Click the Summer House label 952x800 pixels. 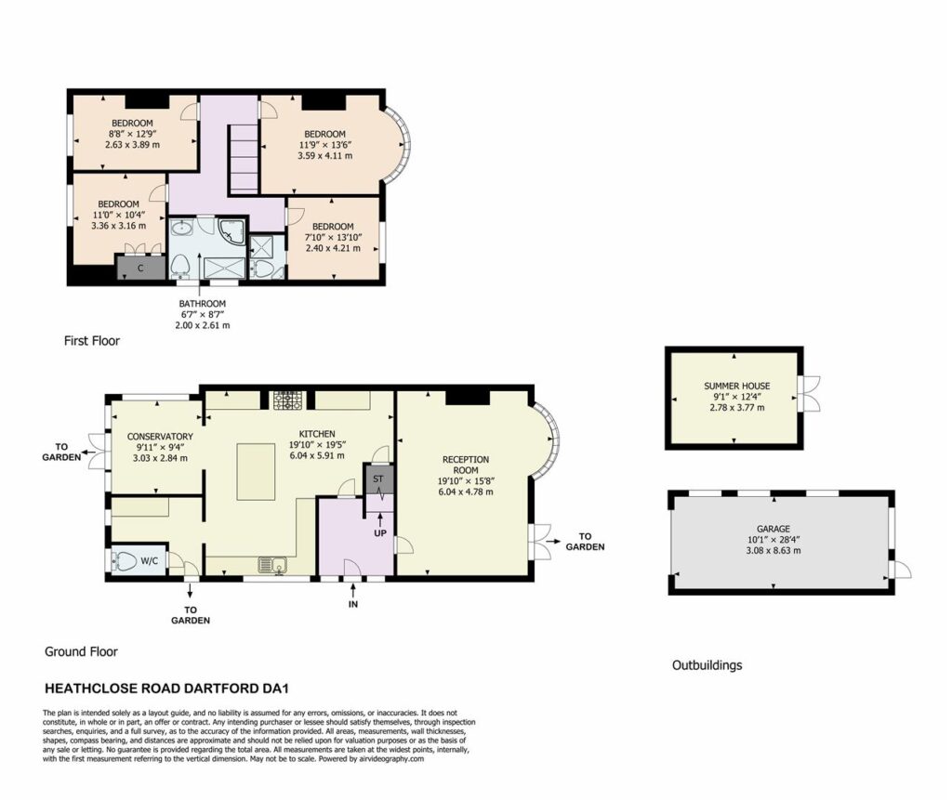point(736,386)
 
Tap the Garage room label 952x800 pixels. point(773,529)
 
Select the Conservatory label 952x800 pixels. point(160,437)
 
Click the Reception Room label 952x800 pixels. point(466,465)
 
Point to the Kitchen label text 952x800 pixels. point(317,434)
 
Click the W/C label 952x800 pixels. point(150,561)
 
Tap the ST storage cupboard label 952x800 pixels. point(378,479)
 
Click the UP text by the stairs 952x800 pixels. point(380,533)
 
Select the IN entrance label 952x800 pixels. point(352,604)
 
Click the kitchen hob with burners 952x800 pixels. point(287,400)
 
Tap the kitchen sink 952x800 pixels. point(272,565)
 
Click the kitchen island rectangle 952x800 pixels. point(256,472)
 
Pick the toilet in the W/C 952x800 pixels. point(124,561)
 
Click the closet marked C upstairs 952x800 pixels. point(141,268)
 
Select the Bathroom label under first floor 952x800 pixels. point(202,304)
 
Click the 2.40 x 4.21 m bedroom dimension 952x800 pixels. point(333,248)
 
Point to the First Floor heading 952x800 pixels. point(92,341)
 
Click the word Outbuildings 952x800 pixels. point(707,665)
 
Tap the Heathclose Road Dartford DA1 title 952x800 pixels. point(166,689)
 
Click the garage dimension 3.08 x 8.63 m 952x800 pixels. point(773,551)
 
